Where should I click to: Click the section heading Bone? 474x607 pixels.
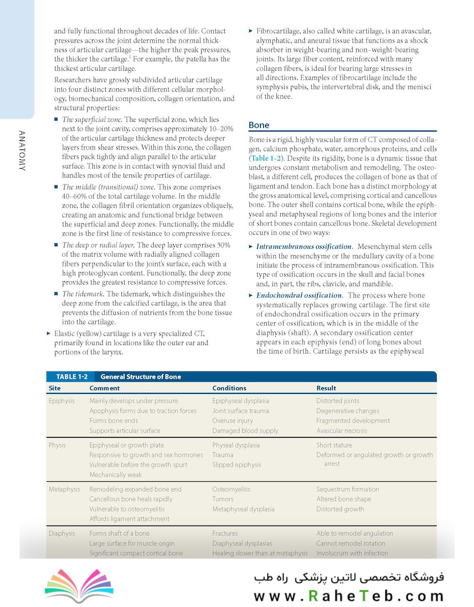pyautogui.click(x=259, y=125)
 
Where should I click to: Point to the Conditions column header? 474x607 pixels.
pyautogui.click(x=229, y=388)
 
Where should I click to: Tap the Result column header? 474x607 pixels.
pyautogui.click(x=326, y=388)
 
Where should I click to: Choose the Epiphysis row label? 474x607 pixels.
pyautogui.click(x=61, y=401)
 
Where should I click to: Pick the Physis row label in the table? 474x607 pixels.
pyautogui.click(x=57, y=445)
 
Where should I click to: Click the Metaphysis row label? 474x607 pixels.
pyautogui.click(x=65, y=490)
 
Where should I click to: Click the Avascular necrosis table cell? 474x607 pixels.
pyautogui.click(x=341, y=431)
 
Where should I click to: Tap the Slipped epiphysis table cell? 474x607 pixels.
pyautogui.click(x=236, y=465)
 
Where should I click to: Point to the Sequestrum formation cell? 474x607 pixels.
pyautogui.click(x=348, y=490)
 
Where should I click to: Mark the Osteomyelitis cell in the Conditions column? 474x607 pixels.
pyautogui.click(x=231, y=490)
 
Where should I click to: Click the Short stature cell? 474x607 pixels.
pyautogui.click(x=334, y=445)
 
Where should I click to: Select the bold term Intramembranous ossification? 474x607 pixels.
pyautogui.click(x=304, y=247)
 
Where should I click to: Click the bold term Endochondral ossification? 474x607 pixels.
pyautogui.click(x=299, y=295)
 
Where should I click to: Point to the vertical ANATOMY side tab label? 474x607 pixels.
pyautogui.click(x=22, y=151)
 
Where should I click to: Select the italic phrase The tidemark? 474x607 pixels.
pyautogui.click(x=83, y=294)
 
